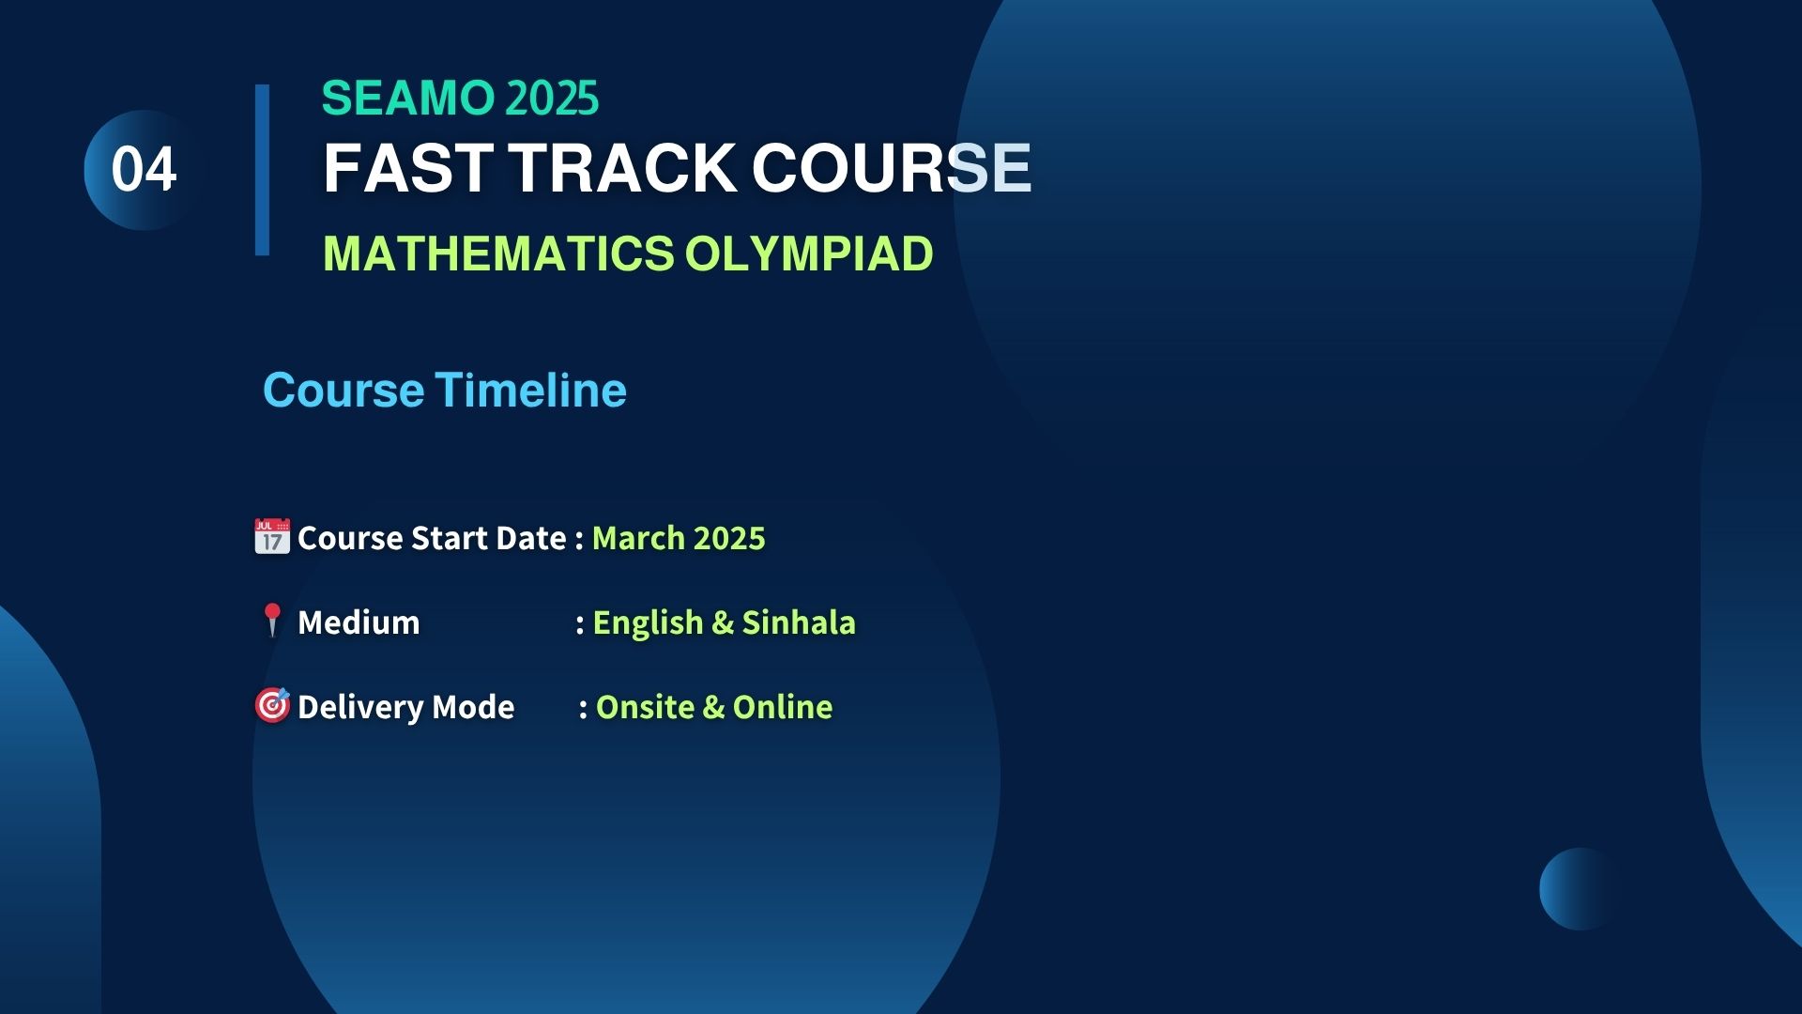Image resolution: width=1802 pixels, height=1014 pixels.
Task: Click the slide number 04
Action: (144, 170)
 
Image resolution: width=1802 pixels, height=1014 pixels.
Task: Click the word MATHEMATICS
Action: (498, 253)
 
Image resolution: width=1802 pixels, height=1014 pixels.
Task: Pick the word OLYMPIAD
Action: (809, 253)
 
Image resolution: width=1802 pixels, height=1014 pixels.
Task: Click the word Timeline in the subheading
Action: (531, 390)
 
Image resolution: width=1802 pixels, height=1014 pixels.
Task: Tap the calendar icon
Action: (272, 536)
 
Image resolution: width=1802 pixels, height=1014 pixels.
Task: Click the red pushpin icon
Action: (272, 621)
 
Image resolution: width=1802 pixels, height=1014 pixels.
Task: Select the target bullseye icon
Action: (272, 705)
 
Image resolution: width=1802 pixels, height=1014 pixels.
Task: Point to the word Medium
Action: (359, 622)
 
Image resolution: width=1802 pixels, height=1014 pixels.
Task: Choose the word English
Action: (648, 623)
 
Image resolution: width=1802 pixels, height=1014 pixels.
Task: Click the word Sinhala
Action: (799, 622)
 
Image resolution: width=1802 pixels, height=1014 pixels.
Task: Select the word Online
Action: (783, 707)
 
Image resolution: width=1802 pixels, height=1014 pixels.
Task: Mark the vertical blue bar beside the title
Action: (262, 170)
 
